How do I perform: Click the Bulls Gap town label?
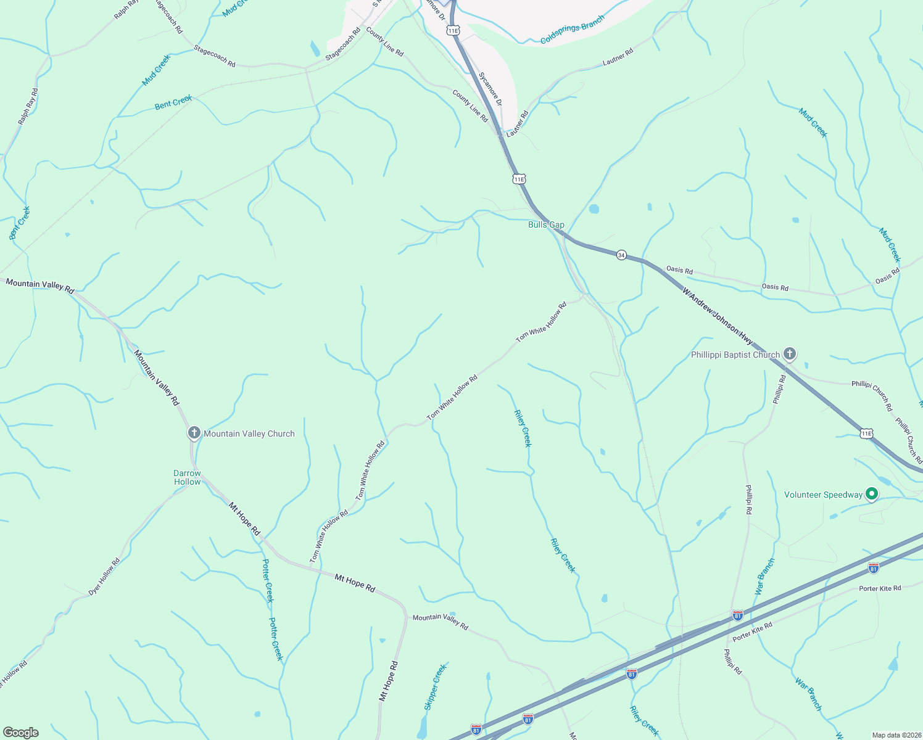[546, 225]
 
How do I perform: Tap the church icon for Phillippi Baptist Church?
[789, 354]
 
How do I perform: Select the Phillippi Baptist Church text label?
[735, 355]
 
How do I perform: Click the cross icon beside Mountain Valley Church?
[194, 433]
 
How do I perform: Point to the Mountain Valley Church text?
[249, 434]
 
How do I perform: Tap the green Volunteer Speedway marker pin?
[872, 494]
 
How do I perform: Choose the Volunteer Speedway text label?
[823, 495]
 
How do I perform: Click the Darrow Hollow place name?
[187, 477]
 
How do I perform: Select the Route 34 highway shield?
[621, 255]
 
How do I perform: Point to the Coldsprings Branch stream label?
[572, 30]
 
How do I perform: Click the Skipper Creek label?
[435, 687]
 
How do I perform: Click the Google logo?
[21, 732]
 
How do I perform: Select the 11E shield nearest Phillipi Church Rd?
[866, 434]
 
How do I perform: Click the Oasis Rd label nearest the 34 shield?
[679, 270]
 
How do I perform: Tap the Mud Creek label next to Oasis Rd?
[890, 245]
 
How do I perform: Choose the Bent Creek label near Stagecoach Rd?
[173, 102]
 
